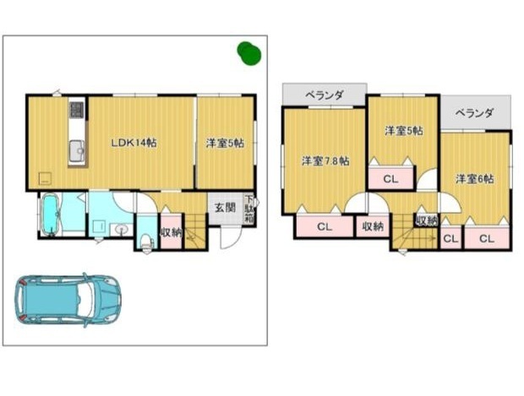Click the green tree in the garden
pos(249,53)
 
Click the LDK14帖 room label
pos(134,143)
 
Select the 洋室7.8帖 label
pos(325,161)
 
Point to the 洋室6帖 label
pos(474,179)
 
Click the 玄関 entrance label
pos(225,208)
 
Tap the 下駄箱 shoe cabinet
pos(249,209)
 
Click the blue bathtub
pos(51,214)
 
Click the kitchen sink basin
pos(78,150)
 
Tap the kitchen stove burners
pos(77,110)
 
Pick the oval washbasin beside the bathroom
pos(122,229)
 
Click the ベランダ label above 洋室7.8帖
pos(325,95)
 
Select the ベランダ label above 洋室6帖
pos(474,113)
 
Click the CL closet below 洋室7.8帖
pos(325,227)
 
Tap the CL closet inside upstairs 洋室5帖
pos(390,179)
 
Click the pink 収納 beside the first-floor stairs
pos(171,232)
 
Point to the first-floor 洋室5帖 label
pos(225,144)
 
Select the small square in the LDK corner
pos(45,179)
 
